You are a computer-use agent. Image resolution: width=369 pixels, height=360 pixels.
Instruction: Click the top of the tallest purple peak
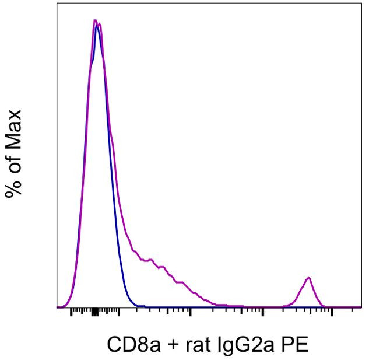pyautogui.click(x=95, y=21)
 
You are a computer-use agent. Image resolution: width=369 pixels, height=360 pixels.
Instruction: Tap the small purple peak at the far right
pyautogui.click(x=309, y=278)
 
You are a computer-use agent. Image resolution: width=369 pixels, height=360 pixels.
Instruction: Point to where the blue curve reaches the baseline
pyautogui.click(x=136, y=305)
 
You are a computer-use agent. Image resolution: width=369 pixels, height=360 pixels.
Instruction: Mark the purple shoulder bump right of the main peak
pyautogui.click(x=150, y=259)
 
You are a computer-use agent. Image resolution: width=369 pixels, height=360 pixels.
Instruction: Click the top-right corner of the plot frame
pyautogui.click(x=361, y=3)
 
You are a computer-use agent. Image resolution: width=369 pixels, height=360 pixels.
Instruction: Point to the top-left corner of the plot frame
pyautogui.click(x=57, y=3)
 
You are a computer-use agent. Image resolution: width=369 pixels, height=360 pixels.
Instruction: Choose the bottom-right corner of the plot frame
pyautogui.click(x=361, y=307)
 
